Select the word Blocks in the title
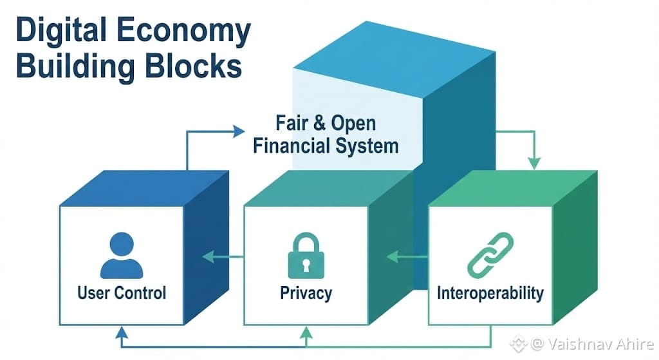tap(193, 68)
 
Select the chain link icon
tap(490, 255)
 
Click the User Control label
tap(122, 293)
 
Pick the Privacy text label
tap(306, 293)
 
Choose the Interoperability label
tap(490, 294)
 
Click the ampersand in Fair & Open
tap(315, 123)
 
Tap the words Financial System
tap(326, 145)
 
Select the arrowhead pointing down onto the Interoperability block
tap(534, 165)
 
